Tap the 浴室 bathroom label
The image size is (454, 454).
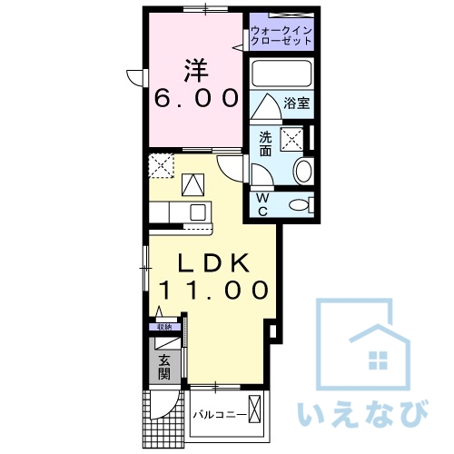click(296, 104)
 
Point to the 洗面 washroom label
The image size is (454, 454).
click(265, 144)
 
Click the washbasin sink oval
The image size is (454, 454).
click(304, 171)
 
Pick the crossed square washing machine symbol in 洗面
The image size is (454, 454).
click(292, 139)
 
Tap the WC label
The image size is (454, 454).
click(262, 205)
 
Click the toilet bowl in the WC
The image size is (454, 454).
click(297, 205)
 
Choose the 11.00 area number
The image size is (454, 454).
click(214, 291)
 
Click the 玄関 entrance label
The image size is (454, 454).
click(164, 365)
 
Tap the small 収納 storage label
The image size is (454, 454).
click(163, 327)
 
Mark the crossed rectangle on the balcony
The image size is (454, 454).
click(261, 412)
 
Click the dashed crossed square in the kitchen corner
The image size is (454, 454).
click(163, 166)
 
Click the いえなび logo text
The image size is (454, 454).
click(362, 413)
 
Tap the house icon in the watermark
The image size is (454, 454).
click(372, 345)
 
